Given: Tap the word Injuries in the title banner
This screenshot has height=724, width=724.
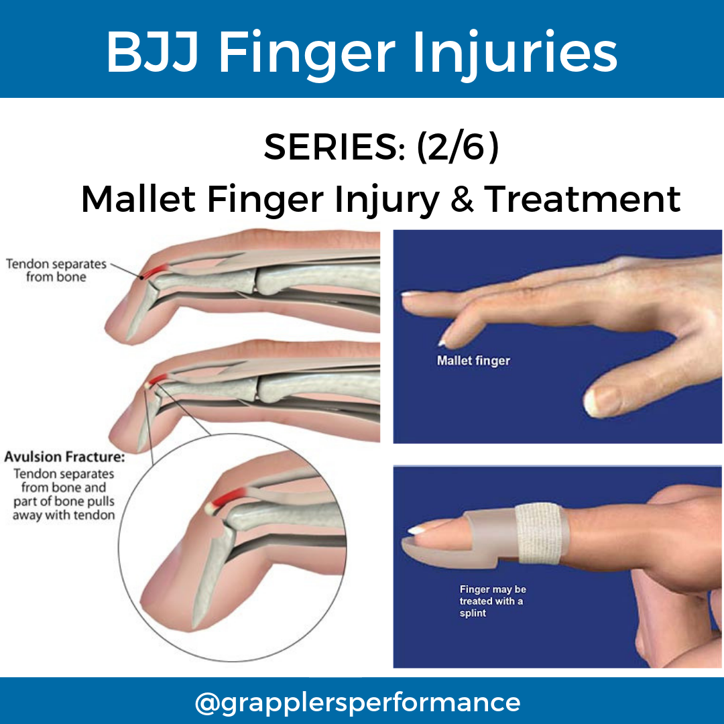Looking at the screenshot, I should (514, 54).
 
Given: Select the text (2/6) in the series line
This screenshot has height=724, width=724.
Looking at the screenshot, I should (457, 147).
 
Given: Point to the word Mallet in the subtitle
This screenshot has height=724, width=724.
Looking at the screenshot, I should (139, 198).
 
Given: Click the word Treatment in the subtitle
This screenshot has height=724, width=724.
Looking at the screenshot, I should (582, 198).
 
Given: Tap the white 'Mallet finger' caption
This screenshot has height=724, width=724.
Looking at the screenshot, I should (473, 361).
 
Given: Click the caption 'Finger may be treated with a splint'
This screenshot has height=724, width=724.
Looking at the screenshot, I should (492, 601).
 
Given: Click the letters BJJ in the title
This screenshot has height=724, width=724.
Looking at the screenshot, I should (152, 54).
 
